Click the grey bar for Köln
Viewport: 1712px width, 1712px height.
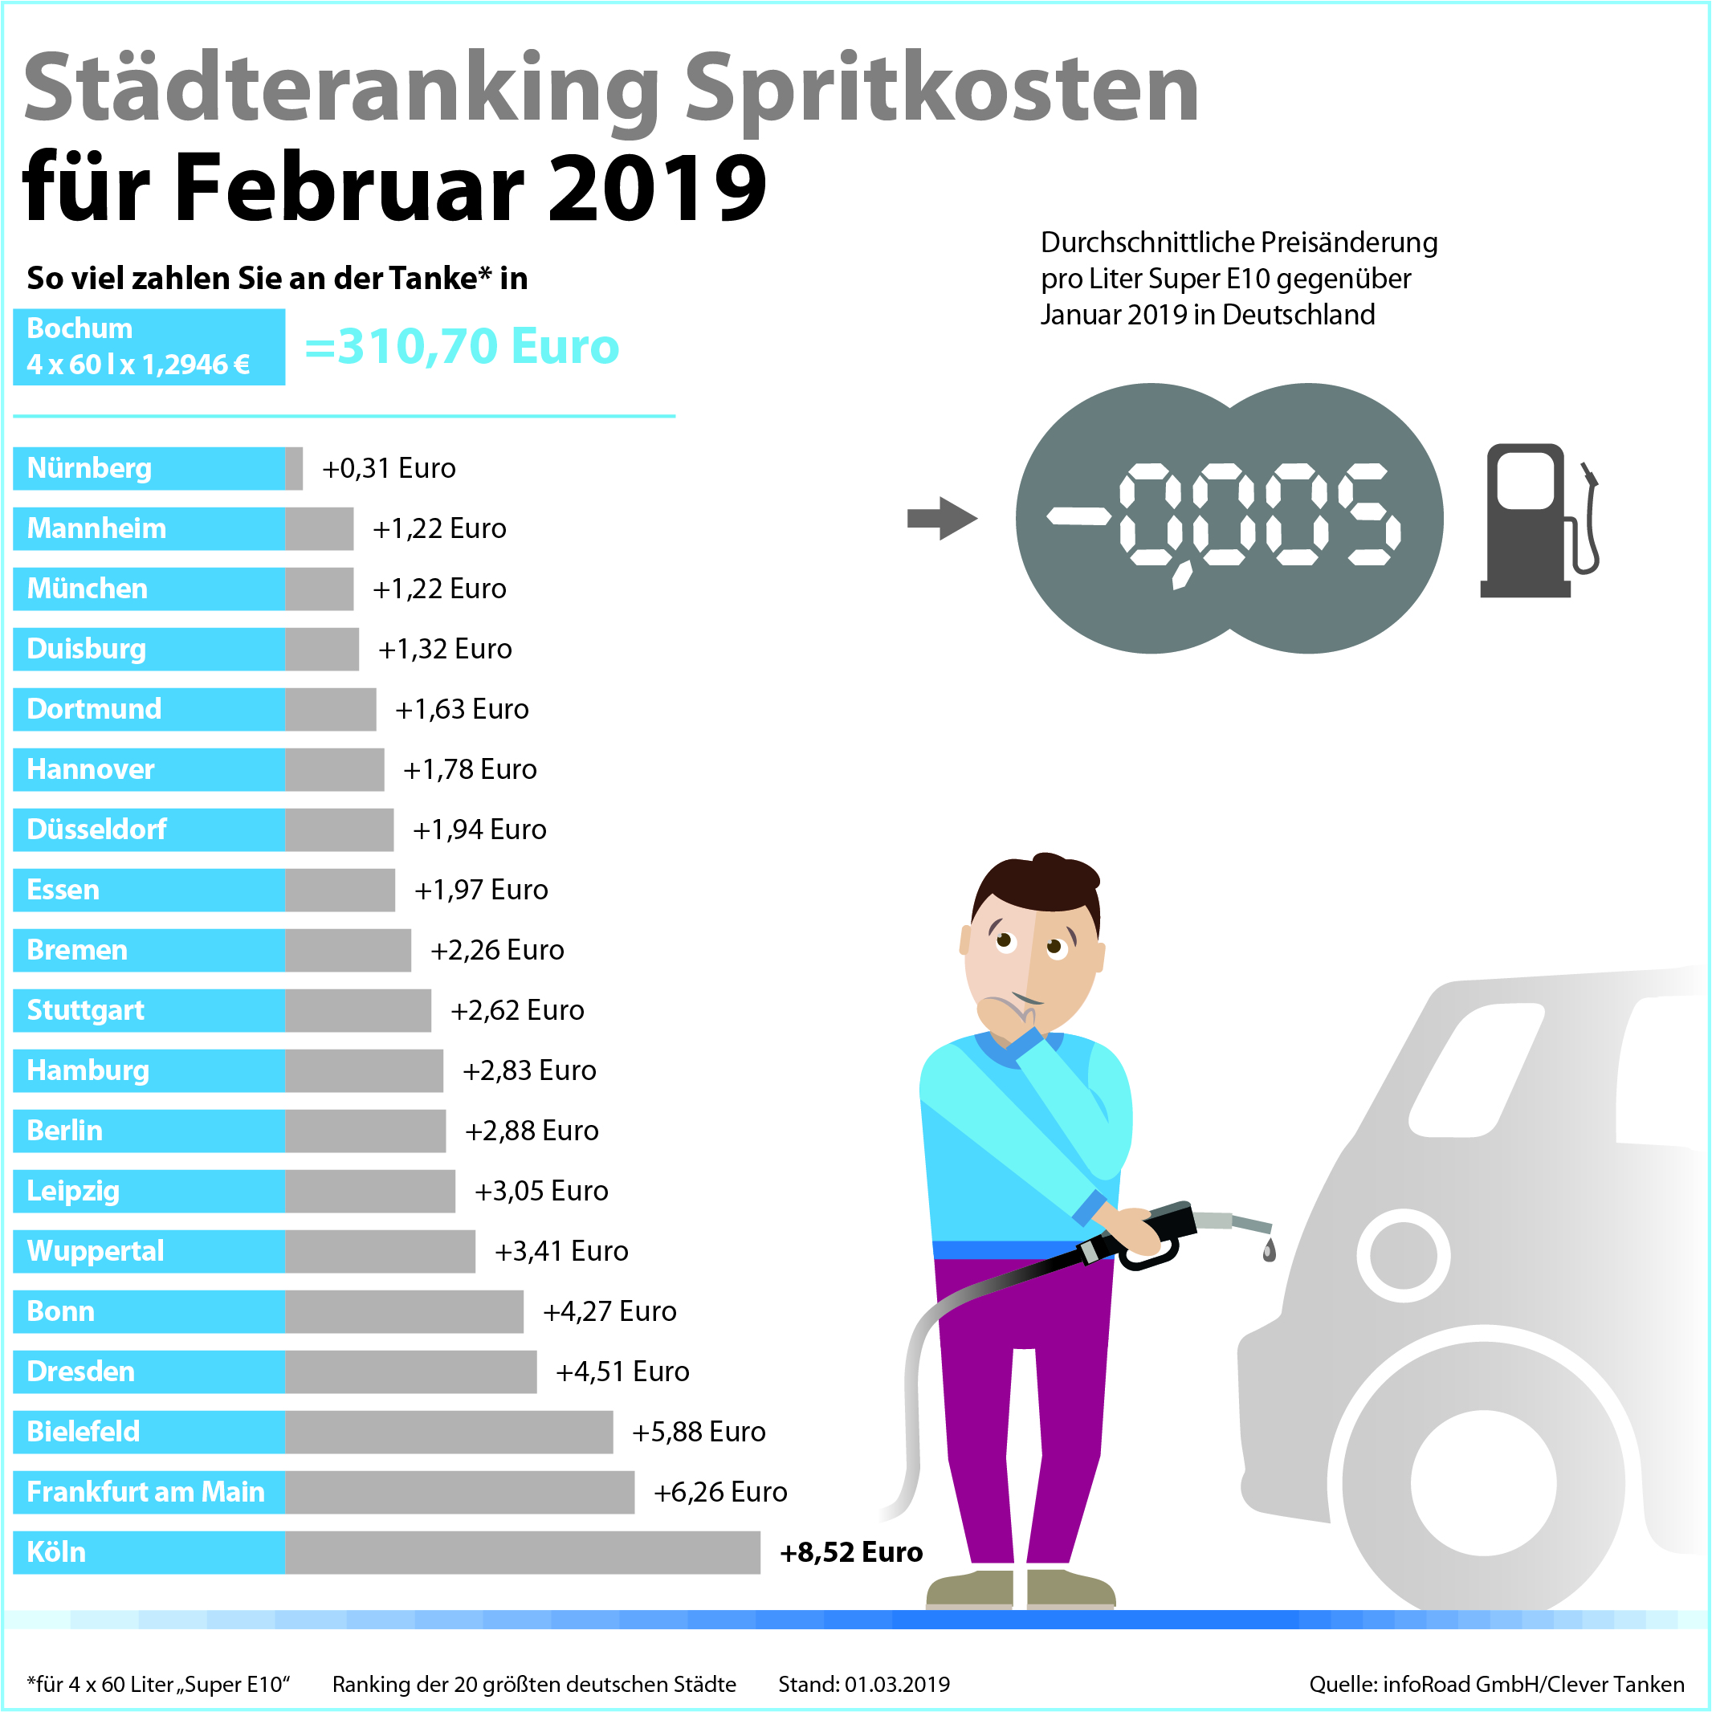click(x=523, y=1551)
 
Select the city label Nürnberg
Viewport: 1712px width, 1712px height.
click(x=89, y=468)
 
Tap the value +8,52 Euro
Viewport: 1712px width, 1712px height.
click(x=850, y=1551)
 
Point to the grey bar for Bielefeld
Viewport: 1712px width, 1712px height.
click(x=448, y=1431)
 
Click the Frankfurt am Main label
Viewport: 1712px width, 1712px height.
click(x=146, y=1491)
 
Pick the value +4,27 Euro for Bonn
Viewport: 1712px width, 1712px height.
click(x=609, y=1310)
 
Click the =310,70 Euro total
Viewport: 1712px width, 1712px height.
click(x=462, y=345)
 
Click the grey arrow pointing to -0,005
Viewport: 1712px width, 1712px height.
click(x=941, y=519)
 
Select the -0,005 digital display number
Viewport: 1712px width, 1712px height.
click(x=1227, y=519)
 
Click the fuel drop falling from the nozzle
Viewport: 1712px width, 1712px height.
click(x=1269, y=1250)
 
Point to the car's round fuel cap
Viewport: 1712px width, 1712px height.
click(x=1403, y=1255)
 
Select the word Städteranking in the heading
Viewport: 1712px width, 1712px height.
click(x=342, y=88)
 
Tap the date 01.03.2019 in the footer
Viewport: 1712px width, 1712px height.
click(x=896, y=1684)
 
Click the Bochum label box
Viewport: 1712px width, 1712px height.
click(x=149, y=346)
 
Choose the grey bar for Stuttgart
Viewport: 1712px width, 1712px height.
click(x=358, y=1010)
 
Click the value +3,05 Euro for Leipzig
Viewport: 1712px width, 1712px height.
click(x=541, y=1190)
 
